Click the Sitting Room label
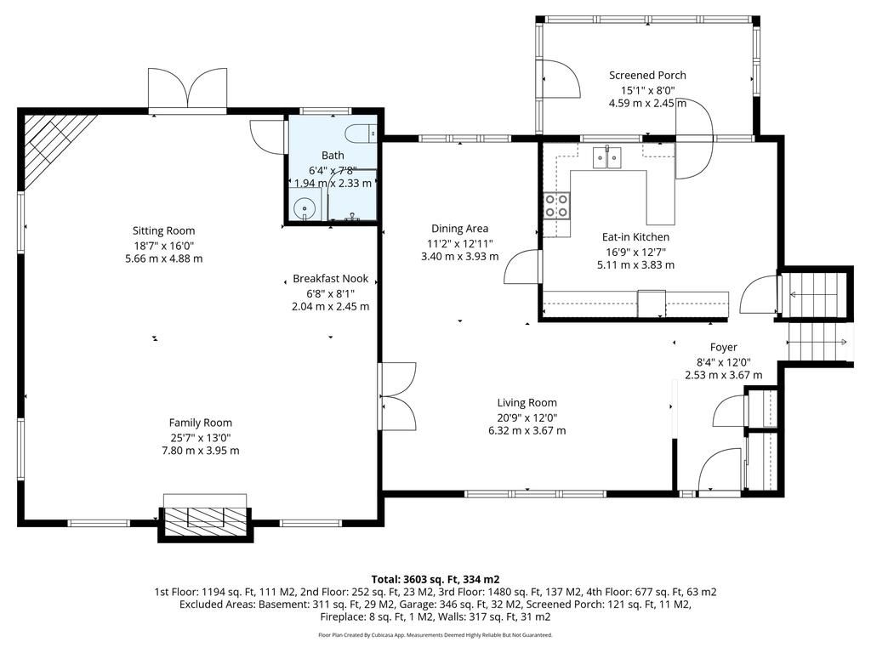coord(164,230)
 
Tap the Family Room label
coord(201,423)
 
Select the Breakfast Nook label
coord(331,279)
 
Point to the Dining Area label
coord(460,228)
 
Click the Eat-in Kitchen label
coord(635,237)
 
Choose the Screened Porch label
coord(647,75)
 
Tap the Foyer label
coord(723,348)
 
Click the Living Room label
coord(527,403)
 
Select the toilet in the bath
coord(360,133)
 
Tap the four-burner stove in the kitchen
coord(556,204)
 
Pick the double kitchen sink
coord(606,157)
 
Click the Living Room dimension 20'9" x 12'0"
coord(527,417)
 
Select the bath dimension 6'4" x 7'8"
coord(333,170)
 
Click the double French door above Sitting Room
coord(188,90)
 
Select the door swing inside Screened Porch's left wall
coord(562,79)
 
